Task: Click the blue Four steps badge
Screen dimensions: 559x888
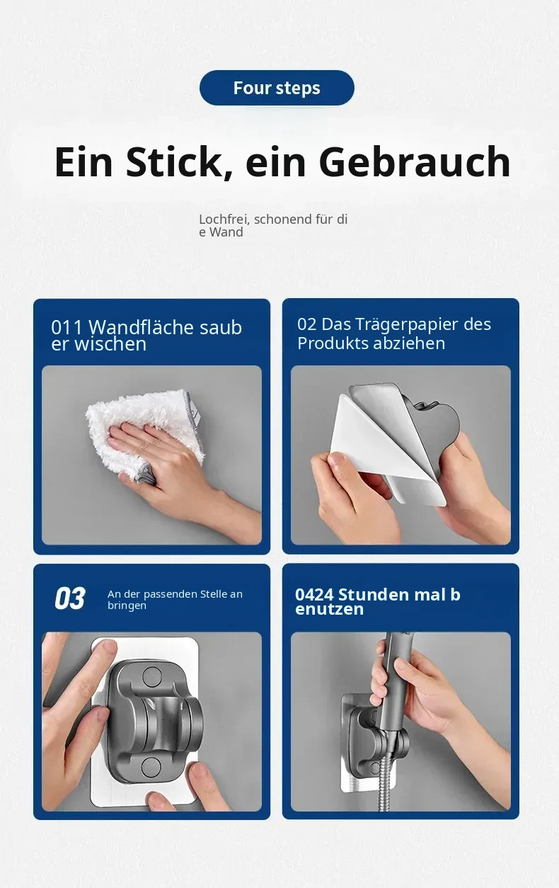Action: pyautogui.click(x=277, y=88)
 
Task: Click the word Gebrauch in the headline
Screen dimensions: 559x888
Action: pyautogui.click(x=415, y=161)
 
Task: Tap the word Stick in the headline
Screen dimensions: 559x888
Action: pyautogui.click(x=174, y=161)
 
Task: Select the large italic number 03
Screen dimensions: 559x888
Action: pyautogui.click(x=70, y=598)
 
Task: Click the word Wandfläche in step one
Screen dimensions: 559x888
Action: pyautogui.click(x=142, y=327)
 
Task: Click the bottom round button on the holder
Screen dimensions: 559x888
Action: pyautogui.click(x=151, y=767)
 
